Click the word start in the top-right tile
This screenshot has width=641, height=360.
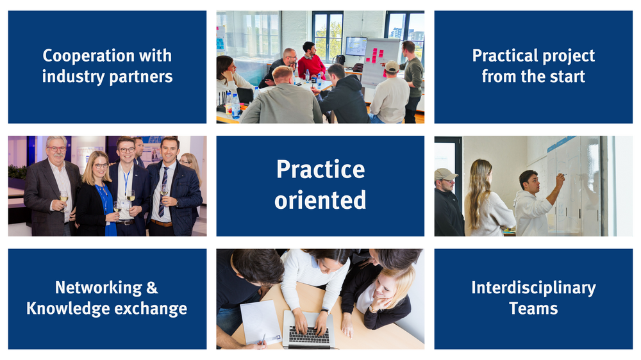(x=567, y=76)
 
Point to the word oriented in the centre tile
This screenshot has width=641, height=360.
(x=320, y=200)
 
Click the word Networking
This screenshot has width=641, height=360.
(x=99, y=288)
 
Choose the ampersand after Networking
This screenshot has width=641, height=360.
(x=152, y=288)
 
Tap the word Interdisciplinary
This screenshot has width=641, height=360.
(x=533, y=288)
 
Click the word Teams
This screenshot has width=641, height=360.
(x=533, y=309)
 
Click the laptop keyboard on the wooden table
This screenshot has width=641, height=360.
(x=309, y=334)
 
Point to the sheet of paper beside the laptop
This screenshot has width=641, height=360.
(x=261, y=322)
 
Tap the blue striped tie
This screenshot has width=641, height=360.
(x=163, y=192)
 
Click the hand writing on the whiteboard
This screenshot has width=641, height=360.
(x=559, y=177)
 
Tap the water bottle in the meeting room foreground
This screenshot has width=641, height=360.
(x=235, y=106)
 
